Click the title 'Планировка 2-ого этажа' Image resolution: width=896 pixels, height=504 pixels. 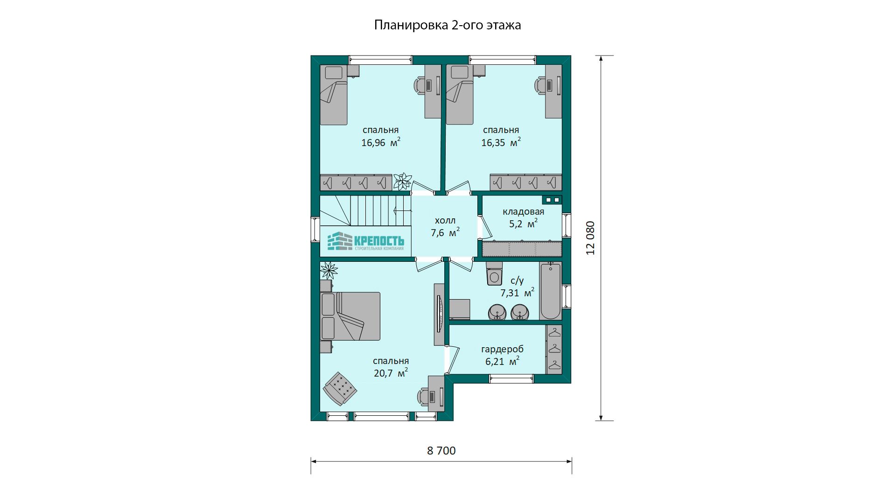pos(448,25)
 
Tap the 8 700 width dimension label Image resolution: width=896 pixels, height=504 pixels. pos(441,450)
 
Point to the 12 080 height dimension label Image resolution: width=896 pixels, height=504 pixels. pos(591,238)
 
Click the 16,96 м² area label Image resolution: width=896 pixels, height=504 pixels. pos(381,142)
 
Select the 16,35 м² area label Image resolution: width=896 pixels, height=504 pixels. pos(501,142)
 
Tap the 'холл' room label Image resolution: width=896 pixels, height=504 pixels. pos(445,220)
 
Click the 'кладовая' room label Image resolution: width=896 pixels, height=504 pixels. pos(523,211)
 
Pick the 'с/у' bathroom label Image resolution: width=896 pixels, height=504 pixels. pos(517,280)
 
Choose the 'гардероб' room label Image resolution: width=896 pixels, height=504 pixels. pos(502,349)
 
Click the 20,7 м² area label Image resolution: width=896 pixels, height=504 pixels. pos(391,372)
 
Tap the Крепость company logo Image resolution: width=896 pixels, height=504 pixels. pos(365,241)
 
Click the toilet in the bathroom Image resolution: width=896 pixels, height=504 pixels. pos(494,273)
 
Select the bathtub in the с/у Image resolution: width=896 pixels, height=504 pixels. pos(551,291)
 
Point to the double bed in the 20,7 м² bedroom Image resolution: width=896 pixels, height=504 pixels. pos(350,316)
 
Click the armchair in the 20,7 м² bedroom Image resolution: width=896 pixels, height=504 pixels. pos(340,388)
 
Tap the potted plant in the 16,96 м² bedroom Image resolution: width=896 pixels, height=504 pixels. pos(402,181)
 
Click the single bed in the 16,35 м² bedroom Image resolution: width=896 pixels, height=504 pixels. pos(460,95)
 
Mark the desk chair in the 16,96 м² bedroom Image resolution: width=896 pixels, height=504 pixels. pos(420,86)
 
